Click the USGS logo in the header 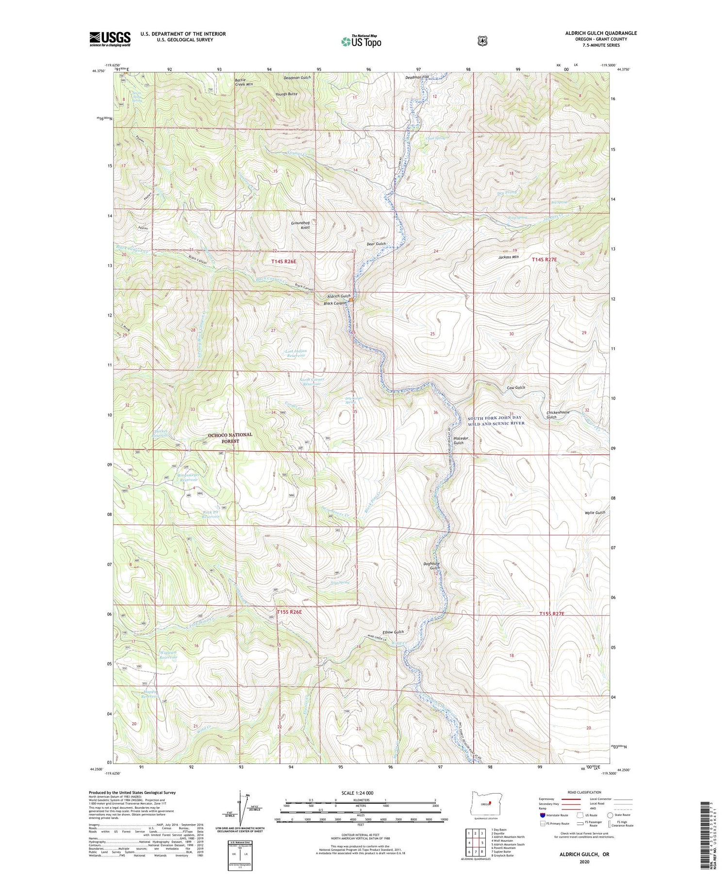(x=110, y=39)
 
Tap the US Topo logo (x=361, y=41)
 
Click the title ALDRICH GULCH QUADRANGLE (x=601, y=33)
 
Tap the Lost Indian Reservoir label (x=296, y=353)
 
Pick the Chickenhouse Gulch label (x=558, y=415)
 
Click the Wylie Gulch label (x=595, y=513)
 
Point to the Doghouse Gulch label (x=431, y=565)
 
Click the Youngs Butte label (x=286, y=94)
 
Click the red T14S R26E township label (x=283, y=261)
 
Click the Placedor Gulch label (x=459, y=440)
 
